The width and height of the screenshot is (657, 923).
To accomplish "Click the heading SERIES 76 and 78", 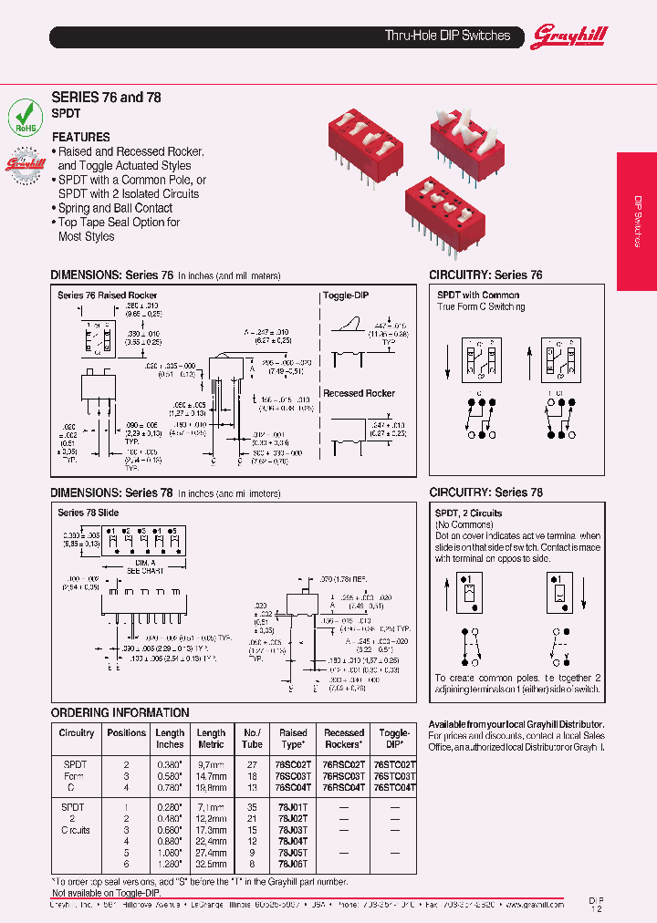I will point(106,97).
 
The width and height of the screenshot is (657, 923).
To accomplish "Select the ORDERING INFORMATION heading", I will point(120,712).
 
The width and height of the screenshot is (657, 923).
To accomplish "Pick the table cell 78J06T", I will point(293,863).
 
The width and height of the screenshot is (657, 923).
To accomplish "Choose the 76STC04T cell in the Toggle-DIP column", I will point(394,786).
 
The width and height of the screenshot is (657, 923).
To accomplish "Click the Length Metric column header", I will point(211,738).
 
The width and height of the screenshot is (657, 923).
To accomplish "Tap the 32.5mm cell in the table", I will point(211,863).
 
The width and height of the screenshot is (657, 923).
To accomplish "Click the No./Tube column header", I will point(253,738).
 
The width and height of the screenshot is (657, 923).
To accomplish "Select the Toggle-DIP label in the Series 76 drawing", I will point(346,296).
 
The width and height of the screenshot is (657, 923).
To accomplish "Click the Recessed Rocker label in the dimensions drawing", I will point(359,393).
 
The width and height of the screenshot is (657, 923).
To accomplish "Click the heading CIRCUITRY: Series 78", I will point(485,493).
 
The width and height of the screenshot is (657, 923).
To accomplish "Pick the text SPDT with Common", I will point(478,296).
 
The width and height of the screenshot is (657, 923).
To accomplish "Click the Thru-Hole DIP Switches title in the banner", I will point(447,36).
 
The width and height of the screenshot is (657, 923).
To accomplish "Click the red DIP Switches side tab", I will point(637,222).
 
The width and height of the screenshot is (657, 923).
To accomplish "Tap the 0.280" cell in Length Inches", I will point(170,808).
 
